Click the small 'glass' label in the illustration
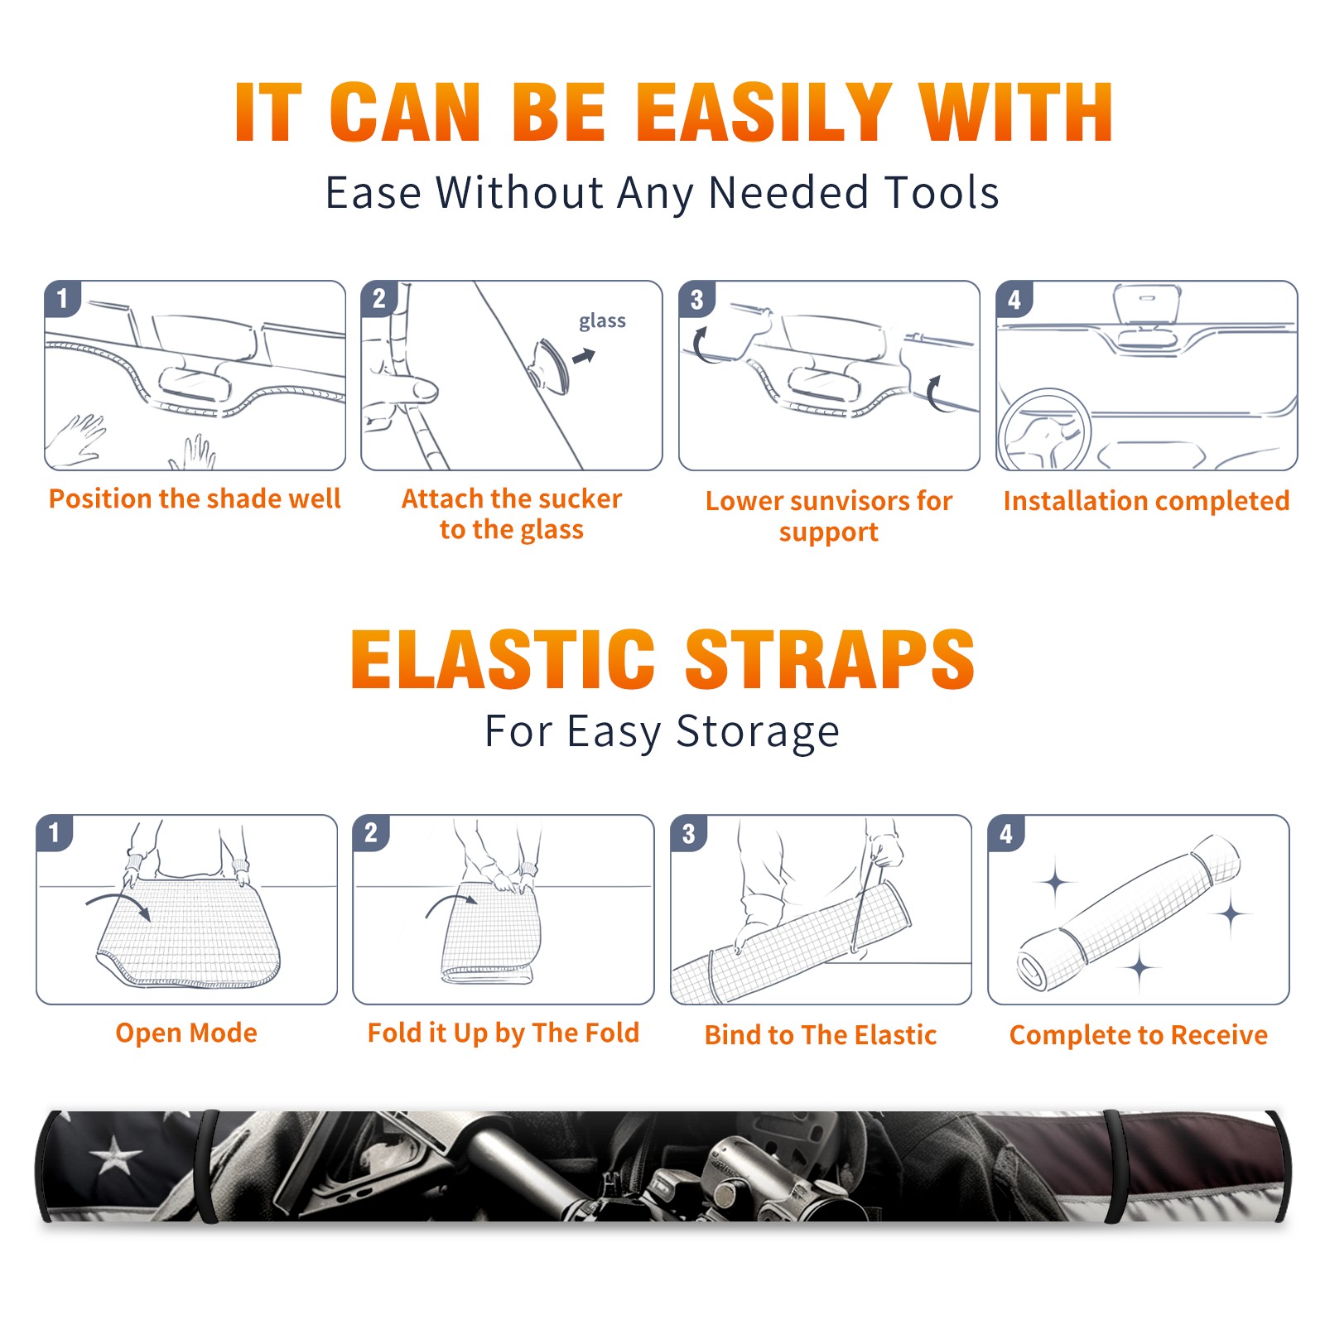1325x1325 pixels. pos(602,320)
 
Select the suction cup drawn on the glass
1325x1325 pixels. pos(549,365)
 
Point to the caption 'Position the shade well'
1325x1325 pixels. pos(195,499)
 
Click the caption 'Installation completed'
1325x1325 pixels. pos(1146,500)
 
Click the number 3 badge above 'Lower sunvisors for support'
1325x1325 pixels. pos(696,299)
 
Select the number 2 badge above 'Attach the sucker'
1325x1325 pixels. pos(379,298)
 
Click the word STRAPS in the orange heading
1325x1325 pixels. pos(830,659)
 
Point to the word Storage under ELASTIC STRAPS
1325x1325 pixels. pos(758,732)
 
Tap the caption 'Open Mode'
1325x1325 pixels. pos(186,1033)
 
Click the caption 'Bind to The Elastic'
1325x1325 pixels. pos(821,1034)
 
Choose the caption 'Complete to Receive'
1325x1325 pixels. pos(1139,1035)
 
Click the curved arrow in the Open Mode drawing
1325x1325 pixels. pos(118,903)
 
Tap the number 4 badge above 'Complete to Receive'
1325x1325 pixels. pos(1006,833)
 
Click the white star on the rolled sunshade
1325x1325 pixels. pos(115,1153)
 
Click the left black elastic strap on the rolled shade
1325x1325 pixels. pos(205,1166)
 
